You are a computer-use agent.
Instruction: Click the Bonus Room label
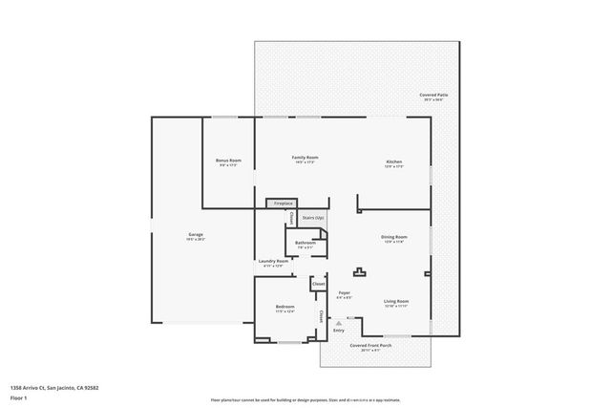229,161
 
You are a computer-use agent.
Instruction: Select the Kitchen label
393,161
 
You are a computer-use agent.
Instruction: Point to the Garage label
195,235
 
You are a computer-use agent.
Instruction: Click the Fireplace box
283,204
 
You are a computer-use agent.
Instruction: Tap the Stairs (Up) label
312,218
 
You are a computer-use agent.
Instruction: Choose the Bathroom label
305,244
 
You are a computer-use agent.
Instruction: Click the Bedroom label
284,307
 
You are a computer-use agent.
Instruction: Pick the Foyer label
344,293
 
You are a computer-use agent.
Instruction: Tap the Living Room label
396,301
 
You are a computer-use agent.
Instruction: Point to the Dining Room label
394,237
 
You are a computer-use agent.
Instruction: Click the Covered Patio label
432,96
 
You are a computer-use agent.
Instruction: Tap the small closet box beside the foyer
319,284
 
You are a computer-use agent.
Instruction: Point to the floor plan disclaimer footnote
305,399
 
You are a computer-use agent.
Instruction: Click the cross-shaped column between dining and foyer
361,270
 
